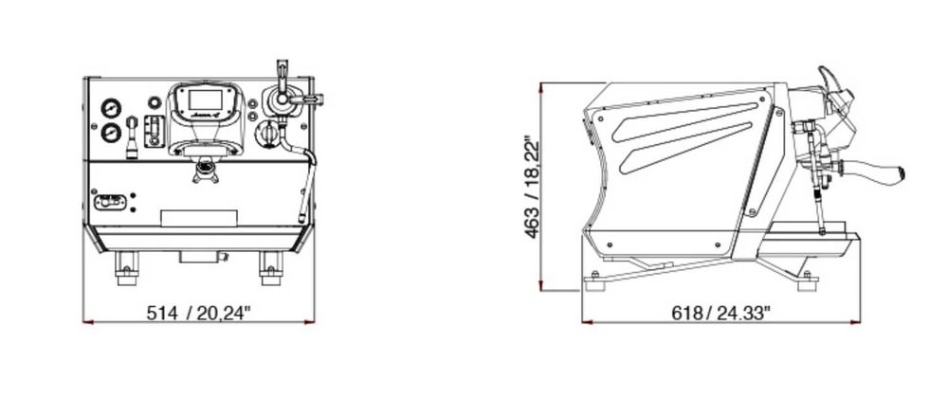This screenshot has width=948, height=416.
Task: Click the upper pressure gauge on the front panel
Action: (111, 109)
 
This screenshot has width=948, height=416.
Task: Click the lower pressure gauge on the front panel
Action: (111, 133)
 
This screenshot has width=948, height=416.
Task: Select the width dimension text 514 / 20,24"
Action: (198, 313)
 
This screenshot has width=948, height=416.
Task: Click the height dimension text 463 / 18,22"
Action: (532, 188)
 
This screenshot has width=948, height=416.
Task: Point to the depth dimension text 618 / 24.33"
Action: (721, 313)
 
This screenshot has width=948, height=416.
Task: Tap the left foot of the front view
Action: (126, 268)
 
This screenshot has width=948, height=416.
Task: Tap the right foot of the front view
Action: (271, 268)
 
